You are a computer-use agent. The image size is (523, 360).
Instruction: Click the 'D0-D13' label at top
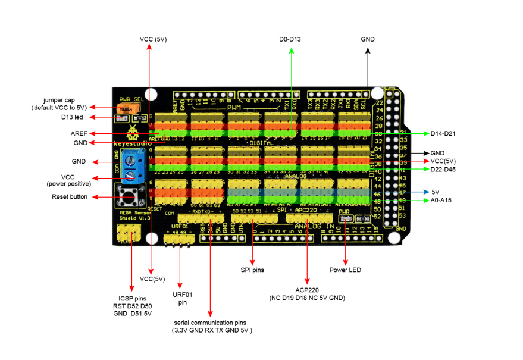tap(290, 39)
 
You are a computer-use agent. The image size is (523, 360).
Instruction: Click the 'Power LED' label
tap(346, 270)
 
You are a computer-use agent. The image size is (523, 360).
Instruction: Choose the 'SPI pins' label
tap(252, 270)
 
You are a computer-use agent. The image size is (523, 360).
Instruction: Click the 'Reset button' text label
tap(70, 196)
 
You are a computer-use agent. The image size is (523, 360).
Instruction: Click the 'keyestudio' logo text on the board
tap(130, 143)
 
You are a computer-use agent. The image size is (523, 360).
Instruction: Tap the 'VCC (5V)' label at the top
tap(153, 39)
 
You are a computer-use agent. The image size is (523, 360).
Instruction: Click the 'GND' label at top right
tap(368, 39)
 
